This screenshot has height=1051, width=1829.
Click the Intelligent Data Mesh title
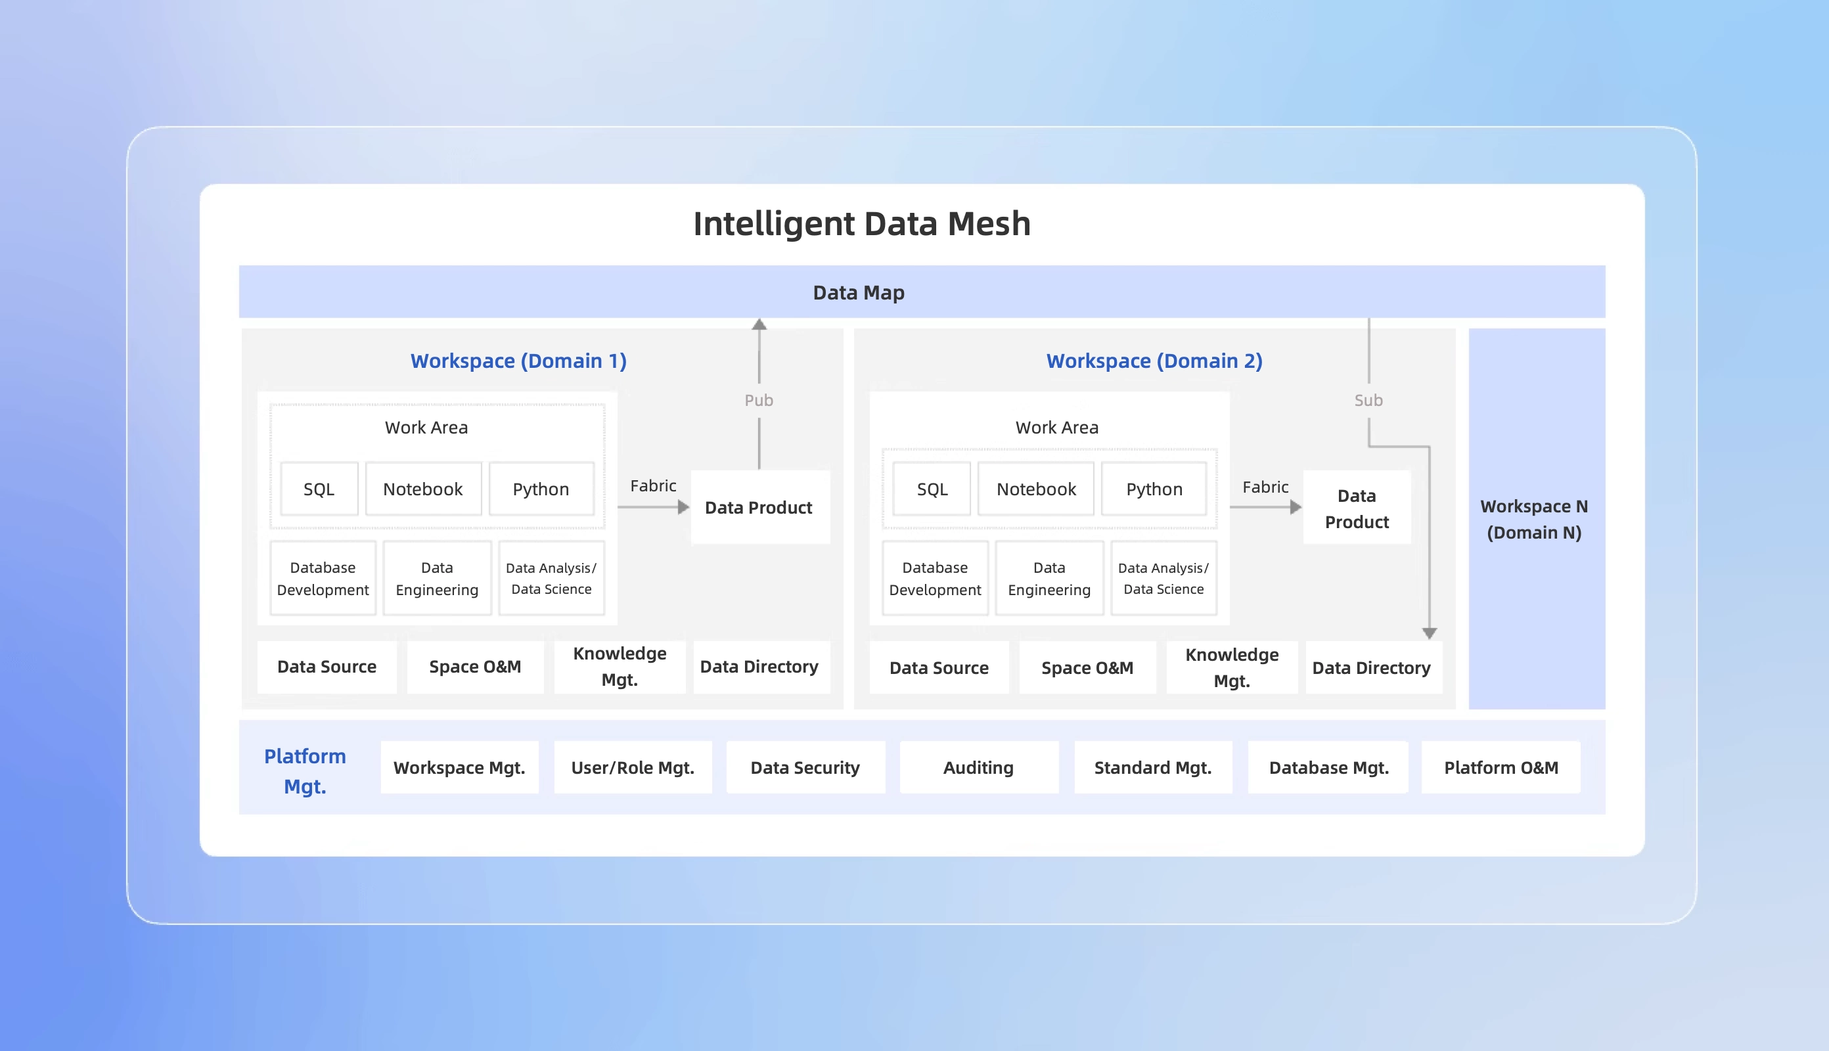click(x=861, y=224)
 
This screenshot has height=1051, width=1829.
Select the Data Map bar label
click(x=858, y=292)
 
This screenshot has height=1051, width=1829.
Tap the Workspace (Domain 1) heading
click(x=518, y=360)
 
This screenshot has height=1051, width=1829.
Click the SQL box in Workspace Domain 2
click(x=932, y=489)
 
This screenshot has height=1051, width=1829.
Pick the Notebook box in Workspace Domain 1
click(x=423, y=489)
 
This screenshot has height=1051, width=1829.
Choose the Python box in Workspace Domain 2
click(x=1154, y=489)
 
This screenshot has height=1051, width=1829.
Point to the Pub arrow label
click(x=759, y=400)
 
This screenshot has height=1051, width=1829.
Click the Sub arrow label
click(x=1368, y=400)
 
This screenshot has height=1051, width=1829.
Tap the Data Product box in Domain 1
click(x=759, y=508)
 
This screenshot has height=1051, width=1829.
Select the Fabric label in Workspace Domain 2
click(x=1265, y=487)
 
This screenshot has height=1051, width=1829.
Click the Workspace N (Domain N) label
click(x=1535, y=519)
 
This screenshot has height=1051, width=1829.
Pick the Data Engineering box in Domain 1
click(x=437, y=578)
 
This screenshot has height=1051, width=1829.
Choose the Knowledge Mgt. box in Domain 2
click(x=1231, y=667)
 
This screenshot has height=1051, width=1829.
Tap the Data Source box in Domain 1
click(x=327, y=666)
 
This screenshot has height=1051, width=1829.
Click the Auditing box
click(x=978, y=767)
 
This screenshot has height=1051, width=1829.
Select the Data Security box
click(x=805, y=767)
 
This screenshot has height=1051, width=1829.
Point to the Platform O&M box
click(x=1501, y=767)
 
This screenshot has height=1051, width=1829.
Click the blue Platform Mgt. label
click(x=305, y=771)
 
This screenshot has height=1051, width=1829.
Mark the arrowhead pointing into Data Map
click(x=759, y=325)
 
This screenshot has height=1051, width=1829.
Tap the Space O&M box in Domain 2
click(x=1087, y=667)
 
